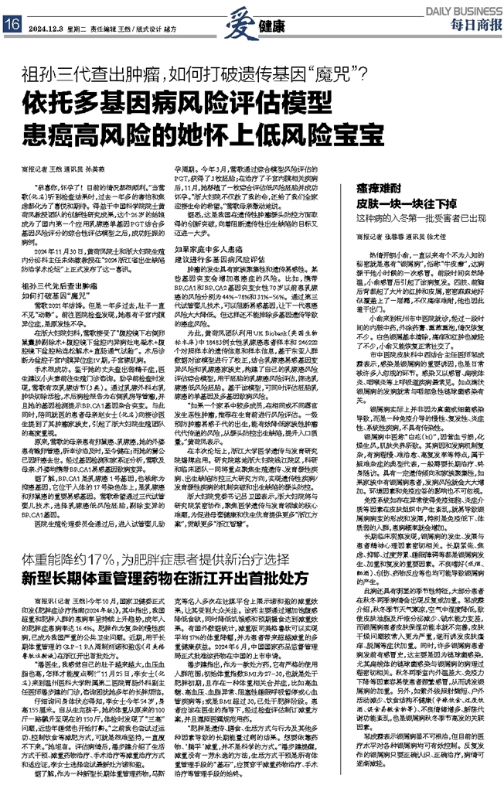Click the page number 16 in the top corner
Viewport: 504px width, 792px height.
coord(12,25)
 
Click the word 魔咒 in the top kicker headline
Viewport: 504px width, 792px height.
coord(330,75)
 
